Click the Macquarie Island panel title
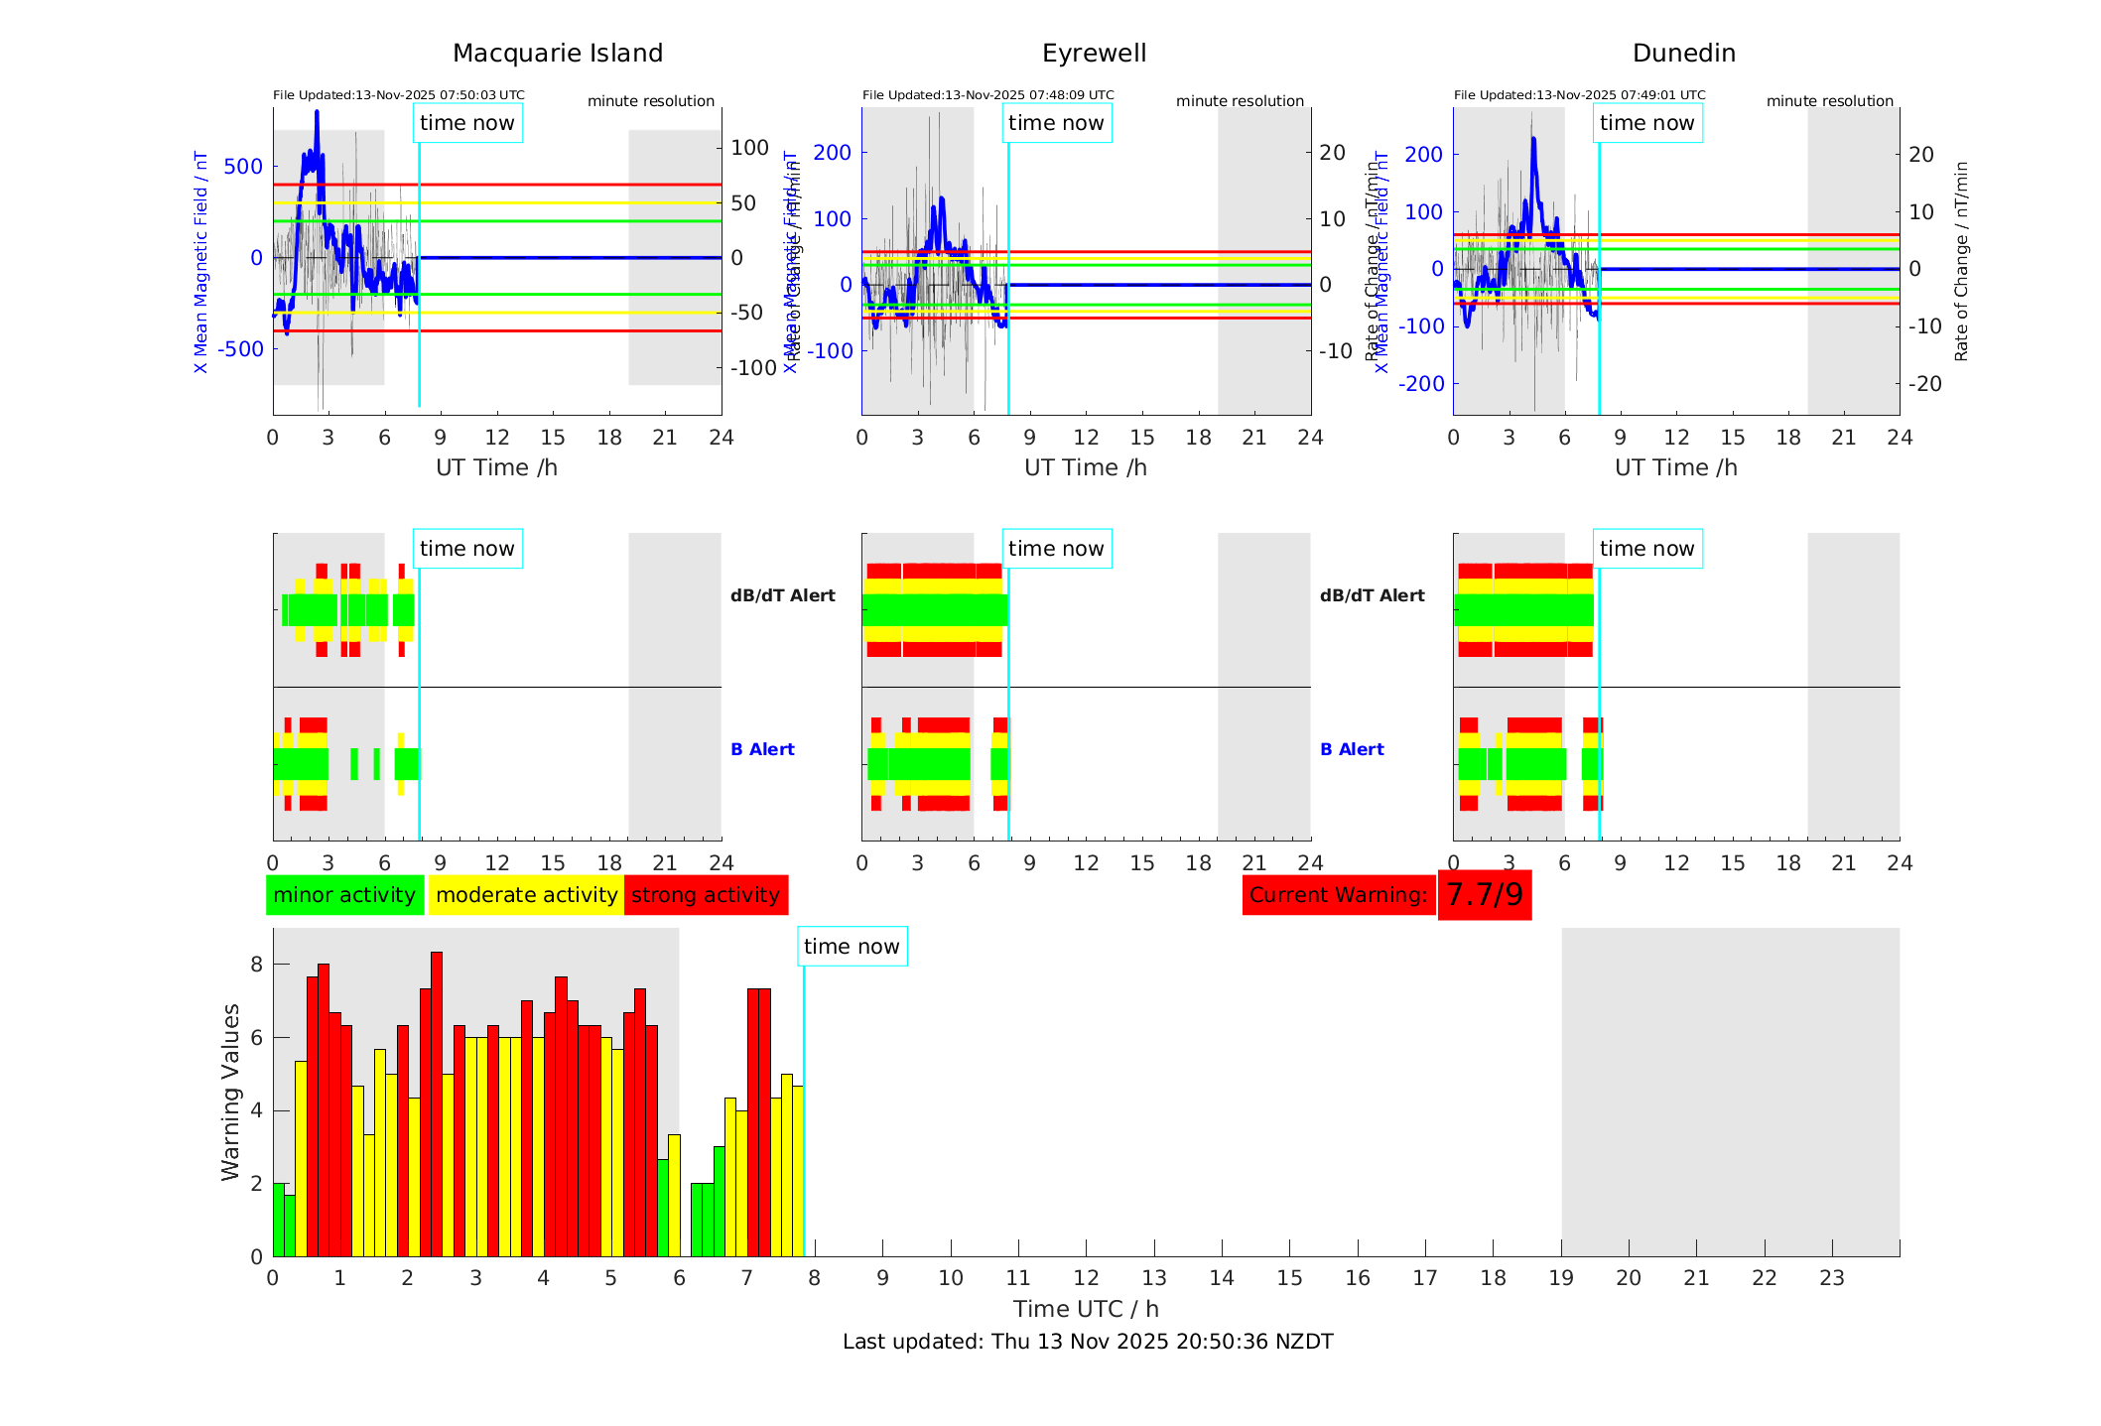(x=558, y=54)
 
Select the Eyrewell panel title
(x=1094, y=54)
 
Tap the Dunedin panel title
(x=1683, y=54)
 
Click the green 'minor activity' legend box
(x=344, y=895)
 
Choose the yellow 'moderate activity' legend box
(x=526, y=895)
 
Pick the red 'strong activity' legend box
(x=706, y=895)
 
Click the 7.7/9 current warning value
(x=1484, y=895)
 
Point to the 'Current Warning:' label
(x=1338, y=895)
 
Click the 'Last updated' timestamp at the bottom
(x=1088, y=1342)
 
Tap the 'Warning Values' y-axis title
(x=230, y=1092)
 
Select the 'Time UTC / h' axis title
(x=1086, y=1309)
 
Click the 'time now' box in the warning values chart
(x=852, y=947)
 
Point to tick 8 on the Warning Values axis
(x=257, y=965)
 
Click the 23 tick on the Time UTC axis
(x=1832, y=1278)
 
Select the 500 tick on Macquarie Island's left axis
(x=243, y=167)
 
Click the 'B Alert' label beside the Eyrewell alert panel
(x=762, y=749)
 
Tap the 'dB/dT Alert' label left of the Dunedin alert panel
(x=1372, y=595)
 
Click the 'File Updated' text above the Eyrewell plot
(x=987, y=95)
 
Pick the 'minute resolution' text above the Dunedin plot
(x=1829, y=101)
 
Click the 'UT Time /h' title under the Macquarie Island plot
(x=496, y=467)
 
